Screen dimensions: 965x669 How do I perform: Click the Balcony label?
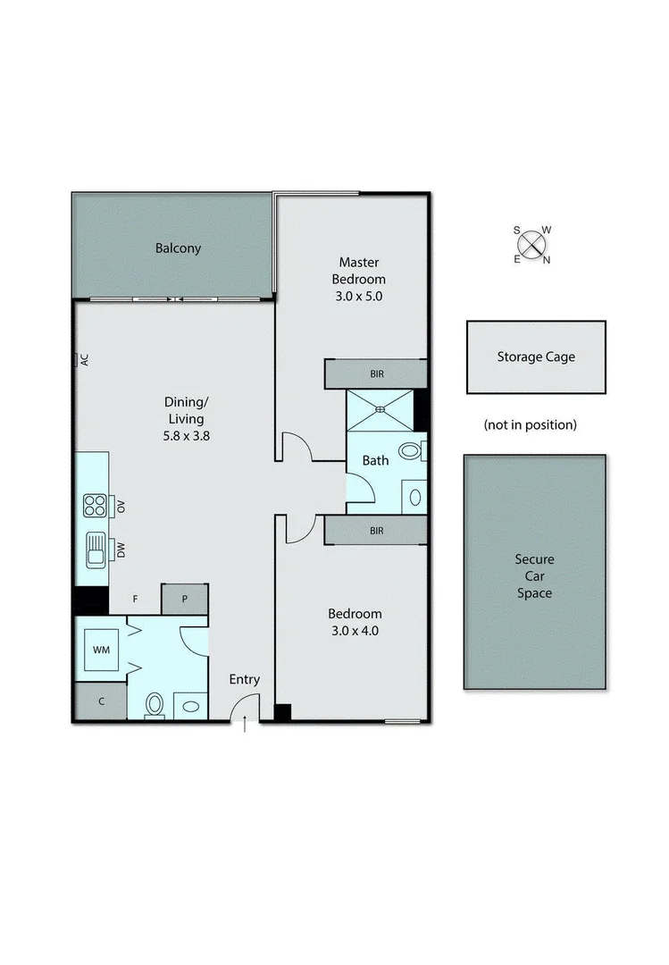click(178, 248)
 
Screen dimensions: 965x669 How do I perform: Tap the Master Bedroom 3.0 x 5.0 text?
click(358, 280)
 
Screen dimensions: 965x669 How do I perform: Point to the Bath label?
click(375, 460)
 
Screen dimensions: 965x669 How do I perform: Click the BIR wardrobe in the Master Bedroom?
click(376, 374)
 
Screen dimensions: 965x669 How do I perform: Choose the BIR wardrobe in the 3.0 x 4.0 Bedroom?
click(376, 531)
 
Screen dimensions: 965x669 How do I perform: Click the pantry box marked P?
click(184, 599)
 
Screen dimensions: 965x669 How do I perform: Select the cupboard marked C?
click(100, 701)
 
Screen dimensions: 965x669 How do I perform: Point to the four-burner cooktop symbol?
click(95, 506)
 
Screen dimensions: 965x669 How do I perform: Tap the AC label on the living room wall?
click(85, 360)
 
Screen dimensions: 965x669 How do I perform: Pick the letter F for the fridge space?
click(135, 599)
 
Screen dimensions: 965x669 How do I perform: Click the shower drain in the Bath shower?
click(381, 410)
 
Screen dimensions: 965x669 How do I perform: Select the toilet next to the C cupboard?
click(155, 706)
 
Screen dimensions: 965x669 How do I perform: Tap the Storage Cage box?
click(536, 357)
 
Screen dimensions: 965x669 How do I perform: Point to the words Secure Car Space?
click(534, 576)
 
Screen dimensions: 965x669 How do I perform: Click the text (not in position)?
click(531, 424)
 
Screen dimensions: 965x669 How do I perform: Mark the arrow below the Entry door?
click(245, 727)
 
